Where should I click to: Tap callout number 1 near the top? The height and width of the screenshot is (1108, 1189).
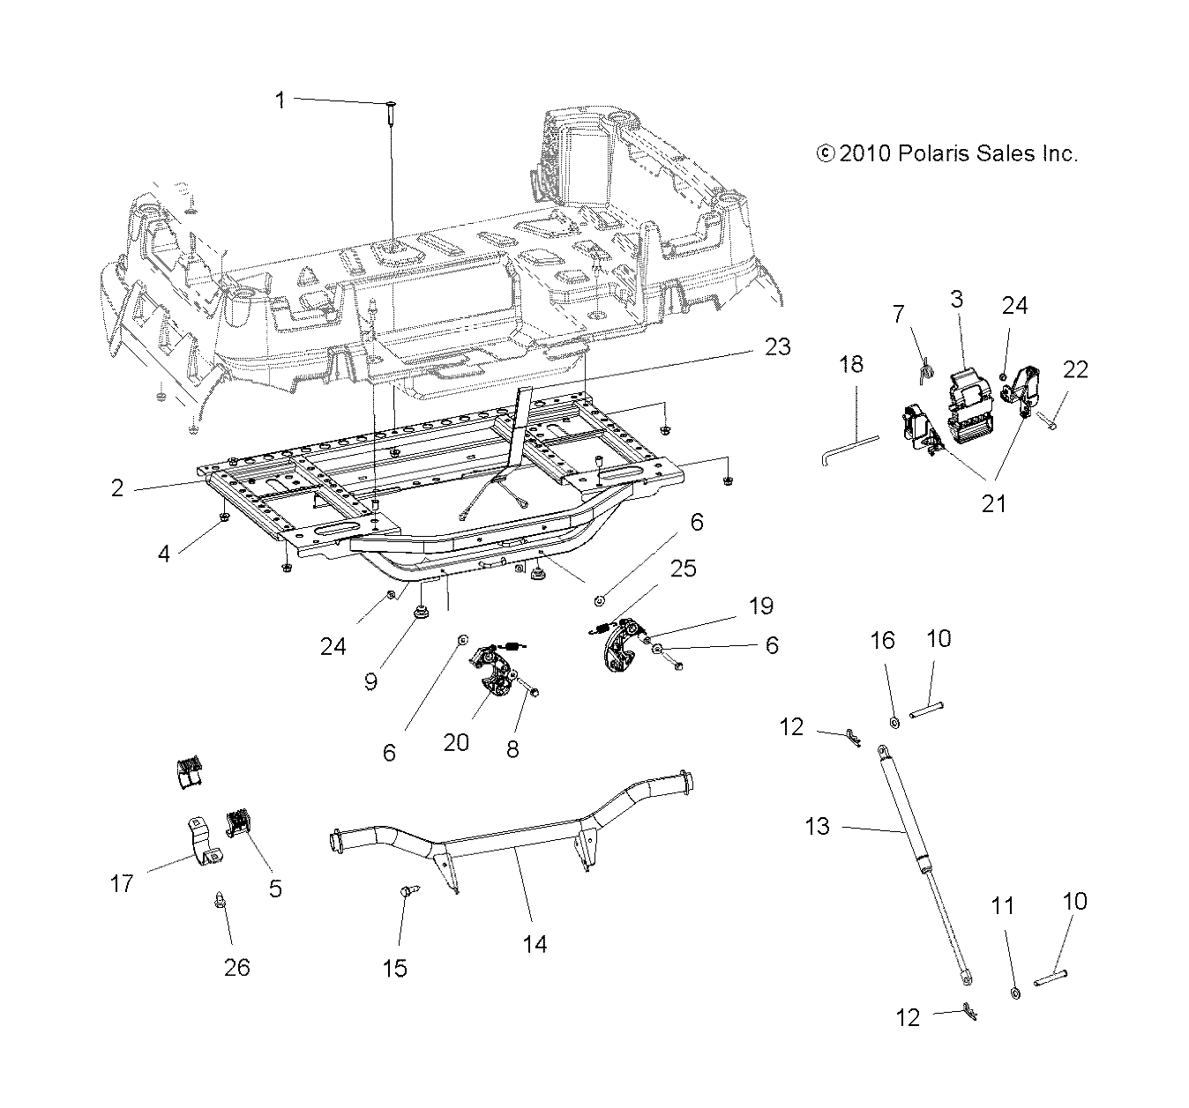pyautogui.click(x=280, y=100)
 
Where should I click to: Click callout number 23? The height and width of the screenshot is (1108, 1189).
pyautogui.click(x=777, y=346)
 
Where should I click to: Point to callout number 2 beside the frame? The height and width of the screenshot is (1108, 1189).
pyautogui.click(x=117, y=487)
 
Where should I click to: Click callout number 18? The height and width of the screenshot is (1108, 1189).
pyautogui.click(x=851, y=364)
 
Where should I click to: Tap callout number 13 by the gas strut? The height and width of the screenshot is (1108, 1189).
pyautogui.click(x=818, y=827)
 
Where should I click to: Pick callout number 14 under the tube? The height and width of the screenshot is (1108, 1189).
pyautogui.click(x=535, y=944)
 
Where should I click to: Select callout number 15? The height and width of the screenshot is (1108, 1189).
pyautogui.click(x=394, y=967)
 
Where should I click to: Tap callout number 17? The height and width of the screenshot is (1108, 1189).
pyautogui.click(x=122, y=882)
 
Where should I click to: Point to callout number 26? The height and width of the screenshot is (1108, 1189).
pyautogui.click(x=236, y=967)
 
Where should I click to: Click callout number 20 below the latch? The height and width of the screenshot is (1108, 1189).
pyautogui.click(x=456, y=742)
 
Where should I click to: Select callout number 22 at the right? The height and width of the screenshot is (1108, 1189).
pyautogui.click(x=1075, y=369)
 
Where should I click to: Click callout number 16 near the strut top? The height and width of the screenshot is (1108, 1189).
pyautogui.click(x=883, y=641)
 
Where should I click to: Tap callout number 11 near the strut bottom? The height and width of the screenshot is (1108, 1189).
pyautogui.click(x=1003, y=906)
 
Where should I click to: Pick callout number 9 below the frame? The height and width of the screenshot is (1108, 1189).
pyautogui.click(x=370, y=681)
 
